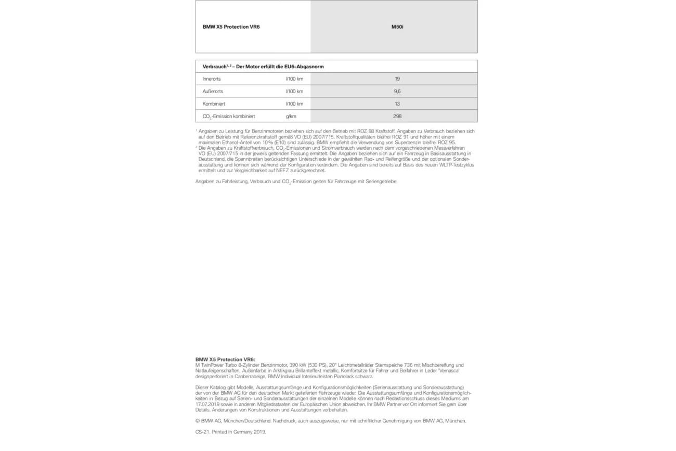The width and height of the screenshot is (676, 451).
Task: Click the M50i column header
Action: (x=397, y=27)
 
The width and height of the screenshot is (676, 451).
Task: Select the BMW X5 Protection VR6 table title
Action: (x=231, y=27)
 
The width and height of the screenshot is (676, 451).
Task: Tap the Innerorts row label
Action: (x=212, y=79)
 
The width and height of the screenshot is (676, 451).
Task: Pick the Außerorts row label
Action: (x=213, y=92)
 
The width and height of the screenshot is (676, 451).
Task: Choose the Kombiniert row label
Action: (x=213, y=104)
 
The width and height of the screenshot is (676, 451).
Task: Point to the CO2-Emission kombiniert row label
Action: (x=228, y=117)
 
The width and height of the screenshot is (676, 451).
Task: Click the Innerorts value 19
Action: (x=397, y=79)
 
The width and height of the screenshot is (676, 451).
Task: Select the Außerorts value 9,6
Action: (x=397, y=92)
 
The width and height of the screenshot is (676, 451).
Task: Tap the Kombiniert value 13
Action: (x=397, y=104)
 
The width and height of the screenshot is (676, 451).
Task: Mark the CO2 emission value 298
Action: (x=397, y=117)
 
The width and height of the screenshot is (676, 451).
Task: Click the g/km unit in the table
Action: (x=291, y=117)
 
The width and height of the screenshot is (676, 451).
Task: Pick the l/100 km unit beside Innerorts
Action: (x=294, y=79)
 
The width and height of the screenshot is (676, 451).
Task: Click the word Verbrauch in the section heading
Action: (x=214, y=67)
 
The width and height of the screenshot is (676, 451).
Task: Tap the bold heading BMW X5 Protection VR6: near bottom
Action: (x=225, y=359)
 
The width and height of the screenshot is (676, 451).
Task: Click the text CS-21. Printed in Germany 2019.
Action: (x=230, y=432)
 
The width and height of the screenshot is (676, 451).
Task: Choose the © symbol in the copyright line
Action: (x=198, y=421)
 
